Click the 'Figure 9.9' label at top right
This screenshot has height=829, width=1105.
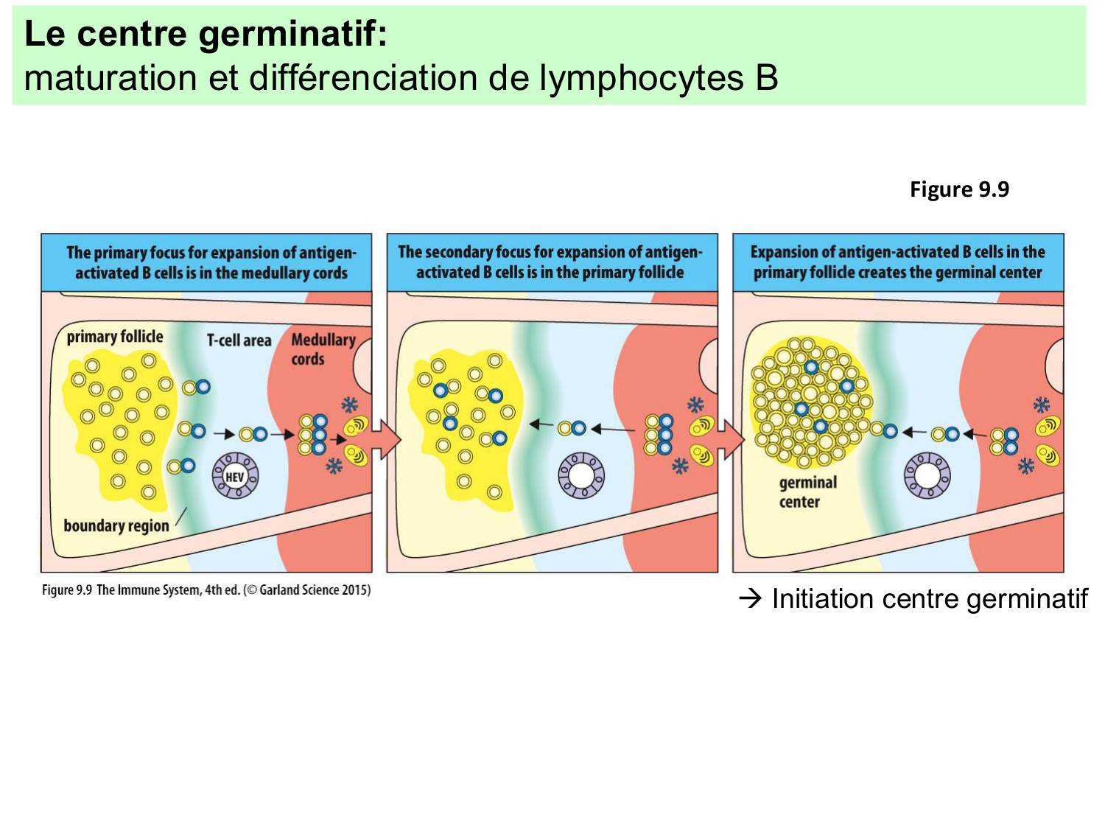tap(959, 189)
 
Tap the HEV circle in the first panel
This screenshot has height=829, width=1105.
tap(235, 476)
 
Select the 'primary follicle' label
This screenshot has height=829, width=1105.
tap(115, 337)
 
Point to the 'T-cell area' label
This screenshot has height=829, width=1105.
tap(239, 340)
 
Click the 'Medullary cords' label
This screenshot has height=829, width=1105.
tap(323, 349)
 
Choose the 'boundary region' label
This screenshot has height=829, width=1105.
tap(116, 525)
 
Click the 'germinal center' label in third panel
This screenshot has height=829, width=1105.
tap(808, 492)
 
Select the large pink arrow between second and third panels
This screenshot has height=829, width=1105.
tap(730, 441)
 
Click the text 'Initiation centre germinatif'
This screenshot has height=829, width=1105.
tap(929, 599)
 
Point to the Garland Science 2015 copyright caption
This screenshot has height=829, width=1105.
tap(206, 590)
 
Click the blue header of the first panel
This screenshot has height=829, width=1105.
tap(207, 263)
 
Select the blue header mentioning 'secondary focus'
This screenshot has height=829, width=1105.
tap(552, 262)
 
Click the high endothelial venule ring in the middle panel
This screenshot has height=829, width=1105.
tap(581, 475)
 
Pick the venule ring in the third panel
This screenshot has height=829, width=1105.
tap(927, 475)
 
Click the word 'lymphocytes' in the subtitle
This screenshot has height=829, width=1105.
tap(641, 78)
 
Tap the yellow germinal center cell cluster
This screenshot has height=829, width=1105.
tap(809, 402)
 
